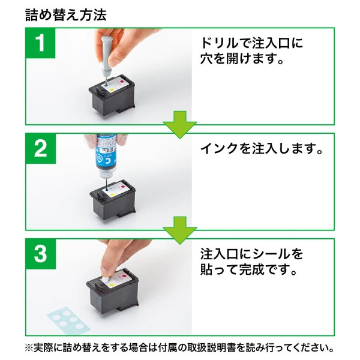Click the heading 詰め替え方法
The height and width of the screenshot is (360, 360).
65,14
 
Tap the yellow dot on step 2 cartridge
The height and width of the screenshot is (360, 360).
112,195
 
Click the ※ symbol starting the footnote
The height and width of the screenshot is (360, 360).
29,347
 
